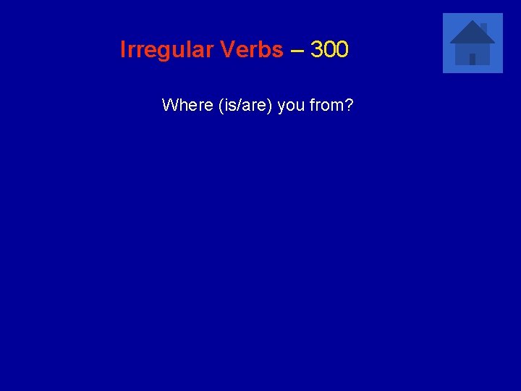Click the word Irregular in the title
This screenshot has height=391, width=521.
(164, 50)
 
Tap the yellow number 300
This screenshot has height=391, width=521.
(329, 50)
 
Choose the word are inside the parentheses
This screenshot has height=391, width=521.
(250, 106)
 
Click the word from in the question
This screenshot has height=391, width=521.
(326, 105)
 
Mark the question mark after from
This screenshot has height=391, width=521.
(349, 105)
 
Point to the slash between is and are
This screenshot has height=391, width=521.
(234, 105)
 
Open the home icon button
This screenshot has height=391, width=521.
(473, 43)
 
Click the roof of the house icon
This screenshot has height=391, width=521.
(472, 33)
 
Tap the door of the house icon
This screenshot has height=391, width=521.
(473, 59)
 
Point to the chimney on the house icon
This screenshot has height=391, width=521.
(483, 28)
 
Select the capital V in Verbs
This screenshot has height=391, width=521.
(229, 50)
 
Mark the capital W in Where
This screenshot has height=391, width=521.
(170, 105)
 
